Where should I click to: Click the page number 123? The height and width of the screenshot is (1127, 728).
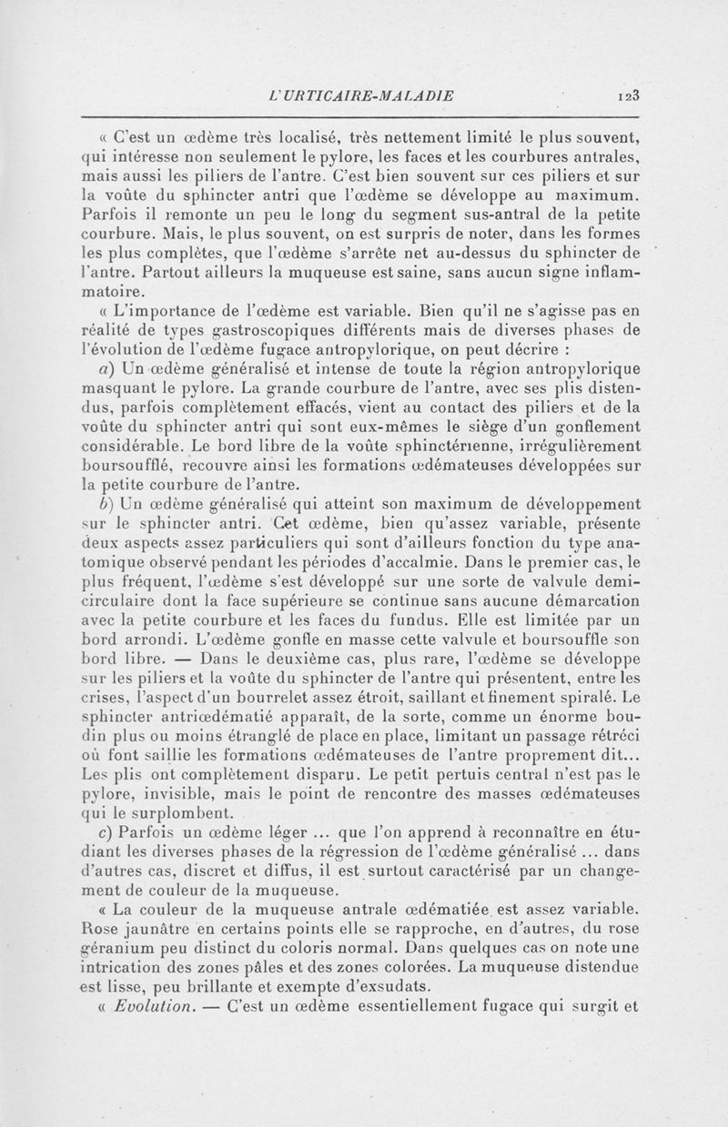pyautogui.click(x=631, y=94)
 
